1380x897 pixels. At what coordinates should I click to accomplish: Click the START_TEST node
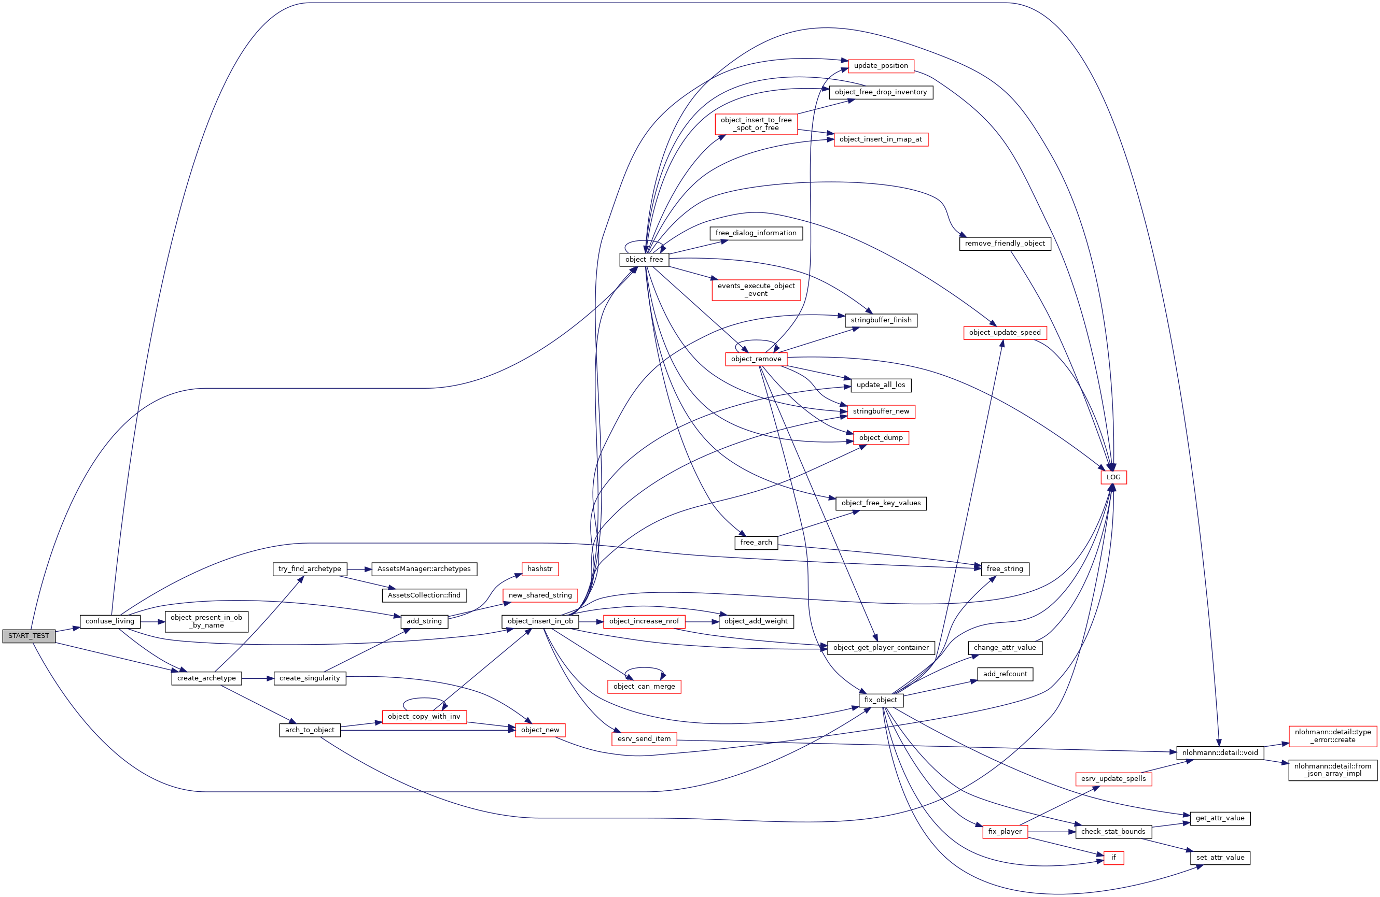[x=29, y=636]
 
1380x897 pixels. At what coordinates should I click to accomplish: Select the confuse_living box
[x=109, y=621]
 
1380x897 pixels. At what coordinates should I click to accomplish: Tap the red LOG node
[x=1113, y=477]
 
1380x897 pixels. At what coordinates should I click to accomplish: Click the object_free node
[x=644, y=260]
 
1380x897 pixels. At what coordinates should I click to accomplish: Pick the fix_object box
[x=880, y=700]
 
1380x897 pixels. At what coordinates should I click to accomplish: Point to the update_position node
[x=881, y=66]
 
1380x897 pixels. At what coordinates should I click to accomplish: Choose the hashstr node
[x=539, y=569]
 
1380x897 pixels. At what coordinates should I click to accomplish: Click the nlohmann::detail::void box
[x=1220, y=753]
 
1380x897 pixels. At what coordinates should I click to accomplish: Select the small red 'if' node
[x=1113, y=858]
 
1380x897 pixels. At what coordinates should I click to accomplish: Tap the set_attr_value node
[x=1220, y=858]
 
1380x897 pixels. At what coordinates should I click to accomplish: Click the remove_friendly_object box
[x=1005, y=244]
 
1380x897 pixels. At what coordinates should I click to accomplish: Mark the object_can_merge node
[x=644, y=687]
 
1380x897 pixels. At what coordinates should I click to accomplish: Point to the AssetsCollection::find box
[x=424, y=595]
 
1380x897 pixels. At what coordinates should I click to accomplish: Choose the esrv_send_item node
[x=644, y=739]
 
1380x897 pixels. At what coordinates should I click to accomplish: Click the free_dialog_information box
[x=756, y=233]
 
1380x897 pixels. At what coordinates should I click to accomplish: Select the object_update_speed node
[x=1005, y=333]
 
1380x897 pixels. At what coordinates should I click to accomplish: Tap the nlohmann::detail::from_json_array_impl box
[x=1332, y=770]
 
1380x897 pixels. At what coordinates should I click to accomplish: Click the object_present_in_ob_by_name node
[x=206, y=621]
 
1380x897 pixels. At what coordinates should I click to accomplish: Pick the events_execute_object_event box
[x=756, y=290]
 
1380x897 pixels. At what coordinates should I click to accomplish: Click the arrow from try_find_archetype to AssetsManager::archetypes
[x=359, y=569]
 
